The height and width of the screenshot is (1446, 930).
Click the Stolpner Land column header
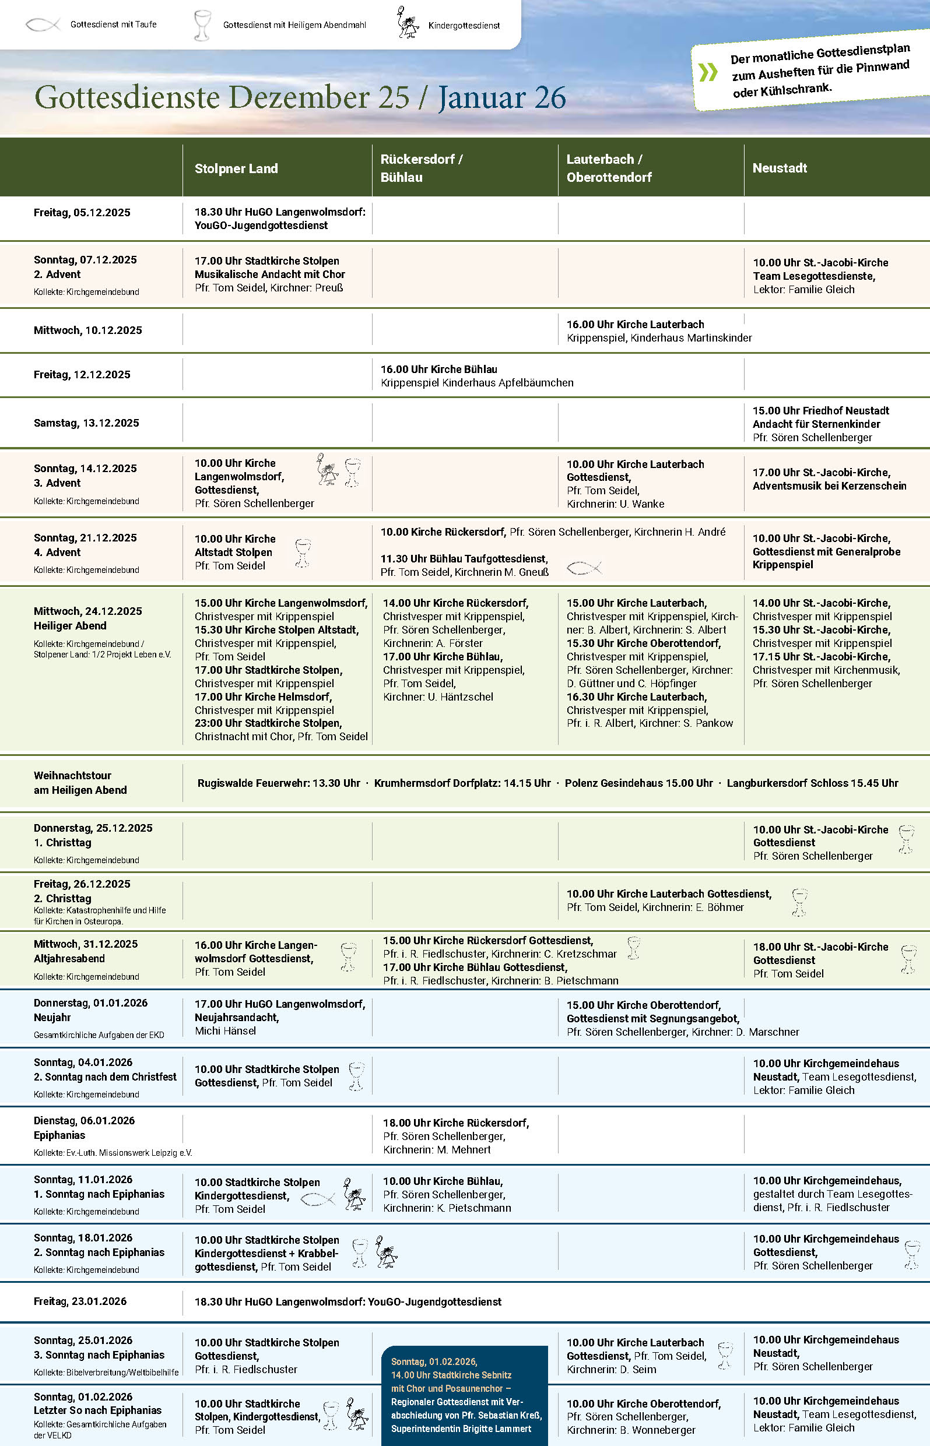[x=236, y=168]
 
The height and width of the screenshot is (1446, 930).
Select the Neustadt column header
[x=779, y=168]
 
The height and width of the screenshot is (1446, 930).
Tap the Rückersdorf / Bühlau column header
[x=421, y=168]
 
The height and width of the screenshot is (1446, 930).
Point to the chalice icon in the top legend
[x=202, y=24]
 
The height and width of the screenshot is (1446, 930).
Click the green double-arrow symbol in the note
[x=708, y=72]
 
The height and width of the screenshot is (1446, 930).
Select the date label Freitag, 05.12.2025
[x=82, y=212]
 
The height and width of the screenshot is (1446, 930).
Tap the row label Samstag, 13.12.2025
[x=86, y=423]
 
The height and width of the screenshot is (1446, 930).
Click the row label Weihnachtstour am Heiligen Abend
[x=80, y=783]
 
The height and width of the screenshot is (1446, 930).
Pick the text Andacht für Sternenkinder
[x=816, y=424]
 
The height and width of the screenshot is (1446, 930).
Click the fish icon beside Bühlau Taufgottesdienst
[x=584, y=567]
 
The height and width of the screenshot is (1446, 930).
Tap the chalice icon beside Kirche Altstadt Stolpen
[x=303, y=553]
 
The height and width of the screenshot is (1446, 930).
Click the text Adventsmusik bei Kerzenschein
[x=829, y=486]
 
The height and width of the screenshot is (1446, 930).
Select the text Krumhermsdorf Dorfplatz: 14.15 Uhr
[x=462, y=783]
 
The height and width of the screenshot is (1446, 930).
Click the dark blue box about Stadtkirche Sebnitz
[x=464, y=1395]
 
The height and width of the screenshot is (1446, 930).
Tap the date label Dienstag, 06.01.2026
[x=85, y=1121]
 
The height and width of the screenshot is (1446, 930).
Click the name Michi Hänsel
[x=225, y=1031]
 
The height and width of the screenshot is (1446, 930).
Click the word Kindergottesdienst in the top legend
[x=464, y=25]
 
